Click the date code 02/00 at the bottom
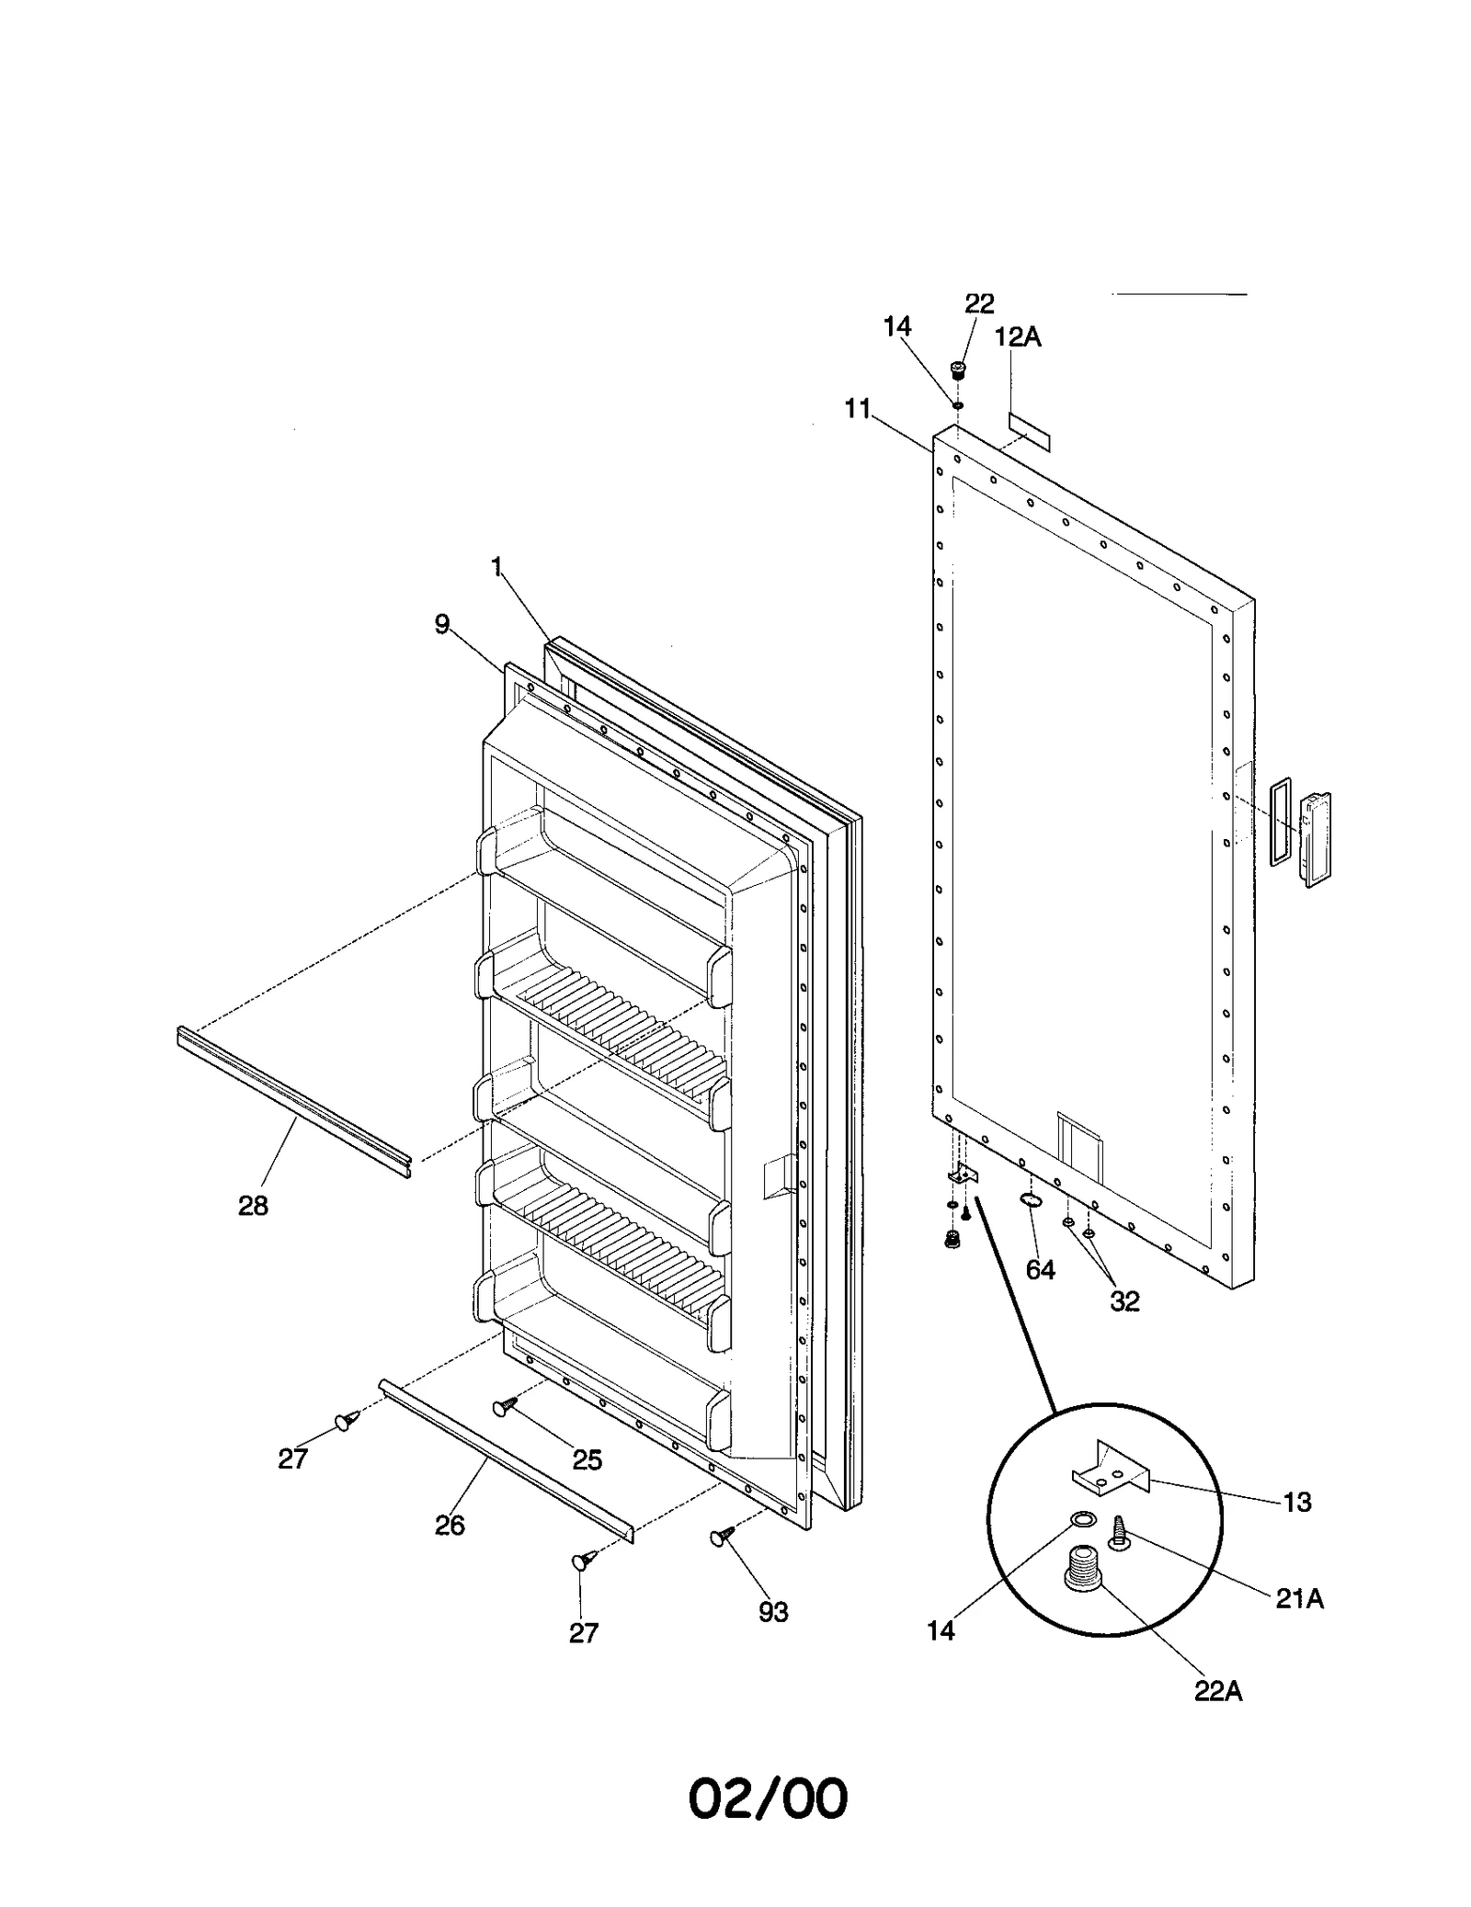pyautogui.click(x=768, y=1799)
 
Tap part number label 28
pyautogui.click(x=253, y=1205)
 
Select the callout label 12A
pyautogui.click(x=1018, y=337)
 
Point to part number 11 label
pyautogui.click(x=858, y=409)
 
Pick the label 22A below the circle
pyautogui.click(x=1218, y=1691)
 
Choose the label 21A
pyautogui.click(x=1299, y=1599)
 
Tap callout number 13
pyautogui.click(x=1297, y=1502)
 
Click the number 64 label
pyautogui.click(x=1040, y=1270)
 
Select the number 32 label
pyautogui.click(x=1124, y=1300)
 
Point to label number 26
pyautogui.click(x=450, y=1526)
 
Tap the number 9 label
pyautogui.click(x=442, y=625)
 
